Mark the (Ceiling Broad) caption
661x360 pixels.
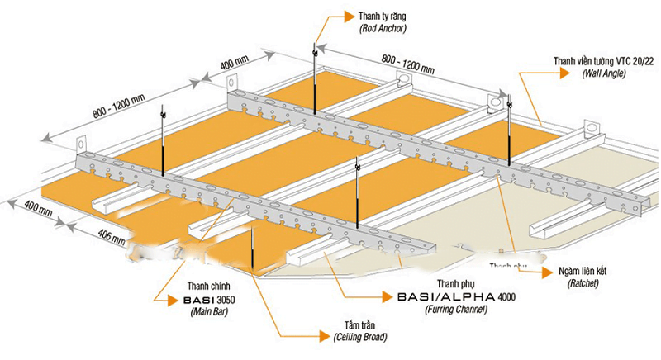coord(357,338)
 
